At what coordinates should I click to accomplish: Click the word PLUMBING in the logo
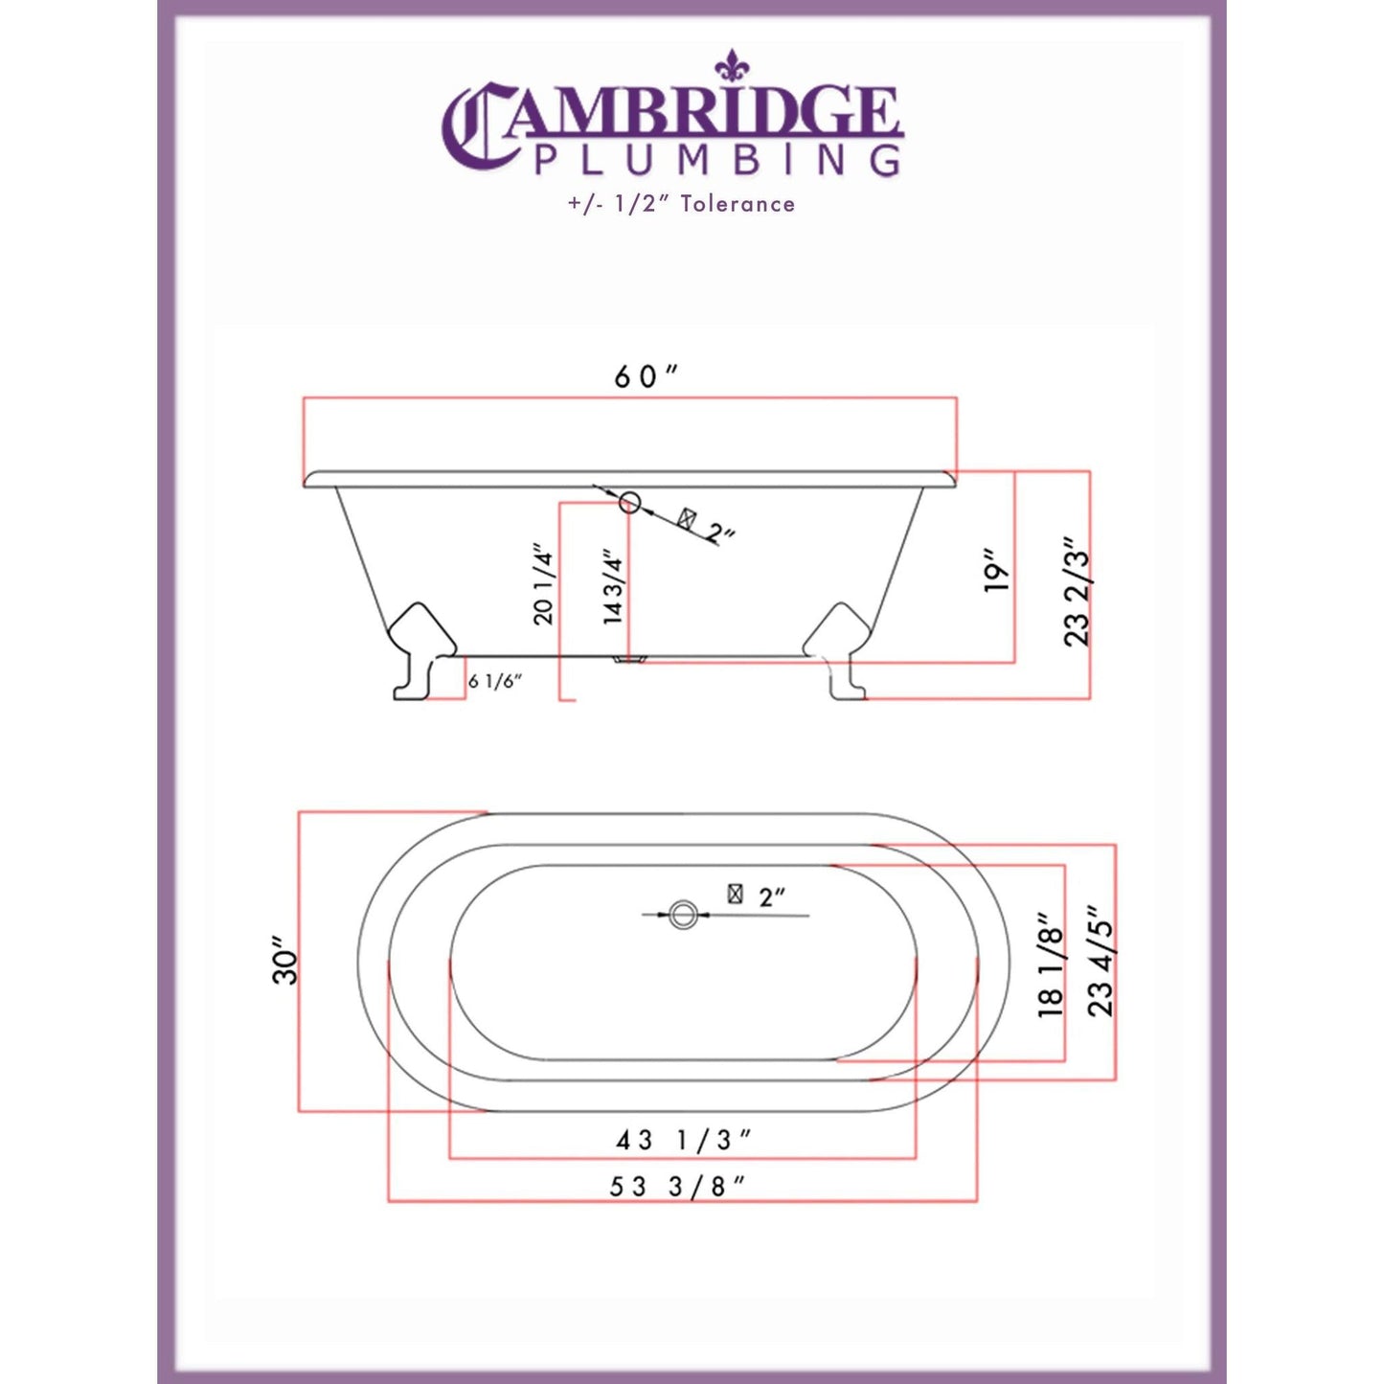point(716,160)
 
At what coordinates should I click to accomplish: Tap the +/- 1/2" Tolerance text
point(681,204)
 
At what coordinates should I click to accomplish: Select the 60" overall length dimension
point(645,376)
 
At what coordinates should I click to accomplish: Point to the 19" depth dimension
point(997,571)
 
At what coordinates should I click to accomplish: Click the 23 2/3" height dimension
point(1078,592)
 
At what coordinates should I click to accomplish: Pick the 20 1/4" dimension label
point(543,583)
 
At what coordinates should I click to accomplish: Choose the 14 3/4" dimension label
point(613,586)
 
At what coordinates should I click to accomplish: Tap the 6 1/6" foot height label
point(494,682)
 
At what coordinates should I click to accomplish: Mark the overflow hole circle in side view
point(629,501)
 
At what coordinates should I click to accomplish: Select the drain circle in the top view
point(682,915)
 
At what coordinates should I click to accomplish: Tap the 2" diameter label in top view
point(771,897)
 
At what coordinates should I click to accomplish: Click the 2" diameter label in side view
point(720,533)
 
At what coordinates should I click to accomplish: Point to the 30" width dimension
point(285,961)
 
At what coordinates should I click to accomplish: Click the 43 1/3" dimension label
point(682,1140)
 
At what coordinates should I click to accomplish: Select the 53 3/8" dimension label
point(676,1186)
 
